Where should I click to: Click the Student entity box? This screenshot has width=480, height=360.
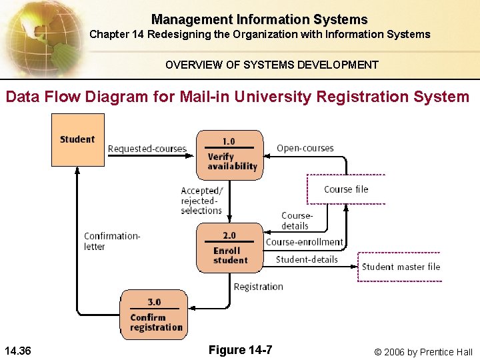(78, 139)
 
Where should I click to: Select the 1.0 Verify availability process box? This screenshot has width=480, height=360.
(229, 154)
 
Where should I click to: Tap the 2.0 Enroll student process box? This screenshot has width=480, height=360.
(229, 248)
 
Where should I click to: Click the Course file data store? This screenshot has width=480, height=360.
(346, 189)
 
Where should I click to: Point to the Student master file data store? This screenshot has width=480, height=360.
(401, 267)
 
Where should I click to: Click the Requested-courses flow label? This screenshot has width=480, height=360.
(147, 149)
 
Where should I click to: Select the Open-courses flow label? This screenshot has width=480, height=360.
(305, 148)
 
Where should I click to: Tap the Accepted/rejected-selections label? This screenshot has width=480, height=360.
(201, 201)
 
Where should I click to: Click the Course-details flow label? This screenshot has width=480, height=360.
(296, 221)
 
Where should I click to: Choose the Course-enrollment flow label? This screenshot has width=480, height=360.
(304, 242)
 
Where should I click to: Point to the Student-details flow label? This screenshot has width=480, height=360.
(307, 259)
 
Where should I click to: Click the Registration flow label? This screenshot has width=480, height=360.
(258, 287)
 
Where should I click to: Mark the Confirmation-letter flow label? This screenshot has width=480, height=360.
(112, 241)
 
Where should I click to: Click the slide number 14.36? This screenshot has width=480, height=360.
(21, 351)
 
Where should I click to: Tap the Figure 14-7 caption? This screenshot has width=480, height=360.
(239, 350)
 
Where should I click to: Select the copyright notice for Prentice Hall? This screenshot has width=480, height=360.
(423, 351)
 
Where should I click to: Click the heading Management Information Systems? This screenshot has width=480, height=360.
(259, 19)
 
